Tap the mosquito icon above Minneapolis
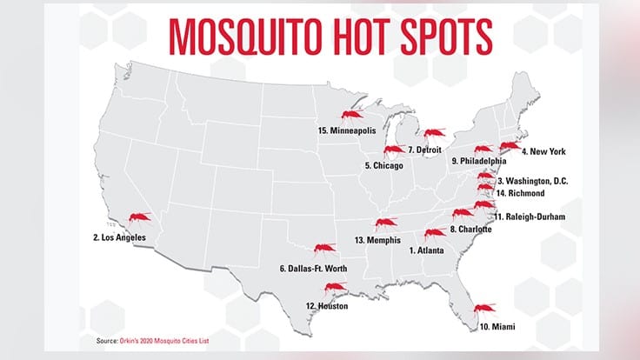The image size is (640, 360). (352, 117)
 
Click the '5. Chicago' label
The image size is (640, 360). (389, 165)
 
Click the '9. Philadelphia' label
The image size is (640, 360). (478, 162)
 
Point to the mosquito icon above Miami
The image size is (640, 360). (484, 308)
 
